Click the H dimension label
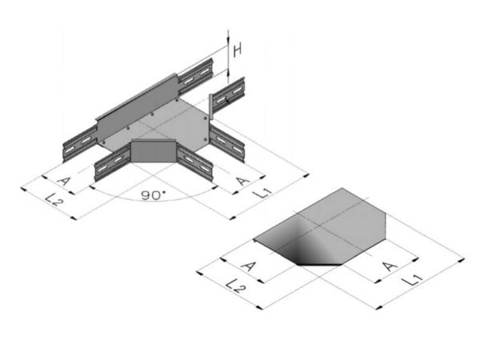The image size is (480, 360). [x=238, y=50]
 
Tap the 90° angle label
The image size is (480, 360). [x=154, y=195]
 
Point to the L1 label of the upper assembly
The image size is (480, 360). [x=262, y=192]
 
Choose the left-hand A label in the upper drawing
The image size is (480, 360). [x=64, y=181]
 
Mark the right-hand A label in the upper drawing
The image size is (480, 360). [x=243, y=181]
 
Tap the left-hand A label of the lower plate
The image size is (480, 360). [x=248, y=266]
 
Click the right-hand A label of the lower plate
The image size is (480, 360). [x=390, y=266]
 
